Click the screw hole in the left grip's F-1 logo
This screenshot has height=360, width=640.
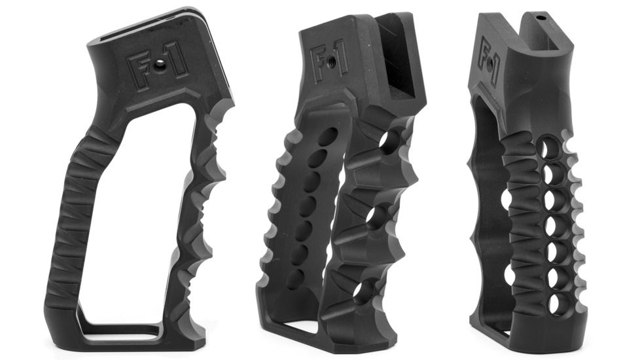159,65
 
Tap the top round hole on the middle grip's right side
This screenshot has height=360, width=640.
391,141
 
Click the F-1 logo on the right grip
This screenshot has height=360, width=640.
489,63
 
